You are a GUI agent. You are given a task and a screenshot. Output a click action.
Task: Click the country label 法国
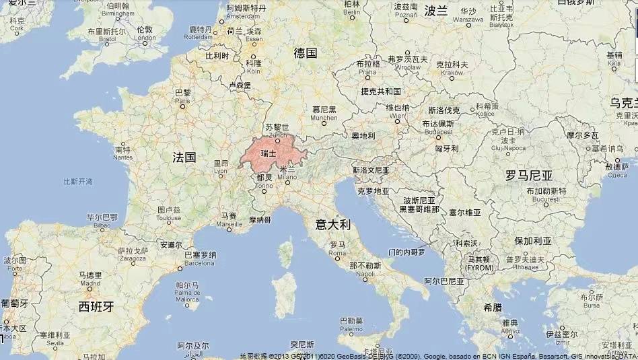point(184,157)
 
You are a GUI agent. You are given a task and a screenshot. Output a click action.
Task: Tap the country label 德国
point(306,52)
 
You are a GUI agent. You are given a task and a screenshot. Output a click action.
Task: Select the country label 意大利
point(334,224)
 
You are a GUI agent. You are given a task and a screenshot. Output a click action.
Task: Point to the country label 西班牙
point(96,307)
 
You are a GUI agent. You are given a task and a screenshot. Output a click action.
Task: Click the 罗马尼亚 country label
point(529,176)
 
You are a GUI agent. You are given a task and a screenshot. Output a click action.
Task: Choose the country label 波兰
point(436,10)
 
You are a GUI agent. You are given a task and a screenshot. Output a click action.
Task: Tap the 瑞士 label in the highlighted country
point(268,154)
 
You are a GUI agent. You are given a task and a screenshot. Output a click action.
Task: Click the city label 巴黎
point(182,93)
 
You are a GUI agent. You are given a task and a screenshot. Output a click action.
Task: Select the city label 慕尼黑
point(324,109)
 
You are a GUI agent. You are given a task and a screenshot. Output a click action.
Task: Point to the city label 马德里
point(90,275)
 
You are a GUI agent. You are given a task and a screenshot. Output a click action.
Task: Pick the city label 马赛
point(229,216)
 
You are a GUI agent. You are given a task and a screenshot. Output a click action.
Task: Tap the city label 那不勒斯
point(365,266)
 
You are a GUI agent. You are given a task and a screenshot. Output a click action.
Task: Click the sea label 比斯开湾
point(78,182)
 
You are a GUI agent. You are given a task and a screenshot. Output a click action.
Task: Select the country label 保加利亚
point(533,240)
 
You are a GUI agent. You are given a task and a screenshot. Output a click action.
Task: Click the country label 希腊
point(492,307)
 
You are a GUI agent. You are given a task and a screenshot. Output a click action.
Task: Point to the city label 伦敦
point(144,30)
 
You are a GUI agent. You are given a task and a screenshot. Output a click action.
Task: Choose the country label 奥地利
point(363,136)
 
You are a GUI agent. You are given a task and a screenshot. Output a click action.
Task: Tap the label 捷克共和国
point(381,91)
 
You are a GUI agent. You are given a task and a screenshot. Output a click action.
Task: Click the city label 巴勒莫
point(351,321)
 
